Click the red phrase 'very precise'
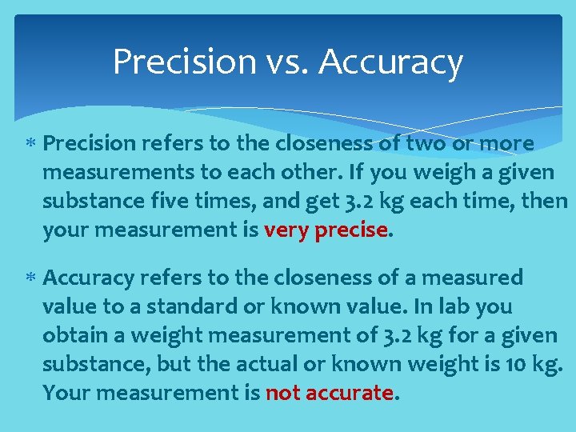pyautogui.click(x=325, y=230)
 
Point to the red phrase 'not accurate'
pyautogui.click(x=329, y=393)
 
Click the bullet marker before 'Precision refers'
pyautogui.click(x=30, y=144)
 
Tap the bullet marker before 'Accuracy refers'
pyautogui.click(x=30, y=278)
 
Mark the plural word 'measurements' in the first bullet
pyautogui.click(x=110, y=172)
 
